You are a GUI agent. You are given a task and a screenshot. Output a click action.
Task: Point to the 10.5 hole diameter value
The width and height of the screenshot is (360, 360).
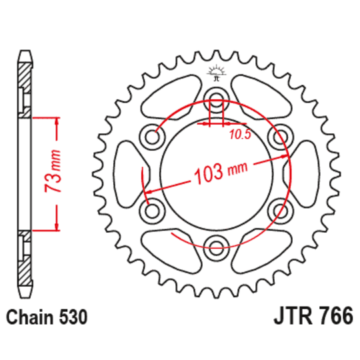[240, 135]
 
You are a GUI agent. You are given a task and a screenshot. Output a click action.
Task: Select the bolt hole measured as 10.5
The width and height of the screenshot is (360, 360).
[216, 104]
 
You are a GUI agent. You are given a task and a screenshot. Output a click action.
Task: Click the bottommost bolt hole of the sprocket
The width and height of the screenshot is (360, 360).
[216, 244]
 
